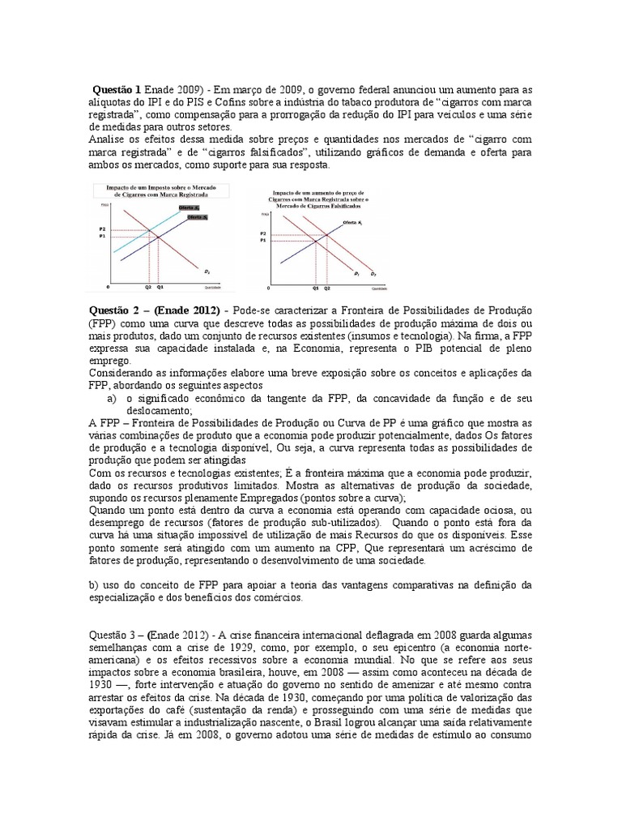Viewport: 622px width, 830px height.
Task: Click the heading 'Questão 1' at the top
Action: [117, 88]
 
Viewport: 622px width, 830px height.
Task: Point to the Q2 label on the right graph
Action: [327, 288]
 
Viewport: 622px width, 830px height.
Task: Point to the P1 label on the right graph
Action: [263, 241]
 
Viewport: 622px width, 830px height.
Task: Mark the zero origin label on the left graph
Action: [109, 288]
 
